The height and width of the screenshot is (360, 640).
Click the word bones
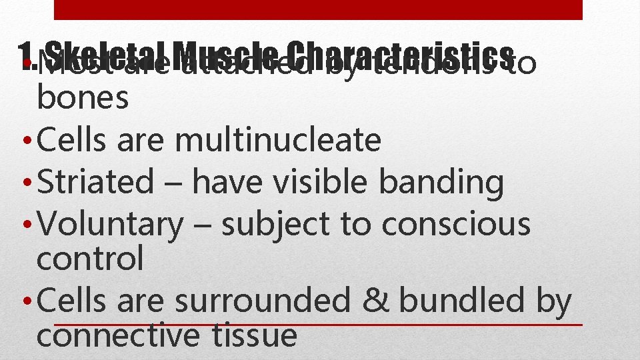pos(83,98)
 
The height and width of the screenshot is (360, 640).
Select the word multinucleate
pos(278,140)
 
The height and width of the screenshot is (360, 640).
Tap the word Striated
pos(96,182)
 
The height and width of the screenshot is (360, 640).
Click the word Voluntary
pos(110,225)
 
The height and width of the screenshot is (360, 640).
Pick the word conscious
pos(456,225)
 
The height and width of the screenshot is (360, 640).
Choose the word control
pos(90,258)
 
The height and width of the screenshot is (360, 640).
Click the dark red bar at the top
pos(318,9)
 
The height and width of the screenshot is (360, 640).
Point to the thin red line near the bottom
pos(318,325)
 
